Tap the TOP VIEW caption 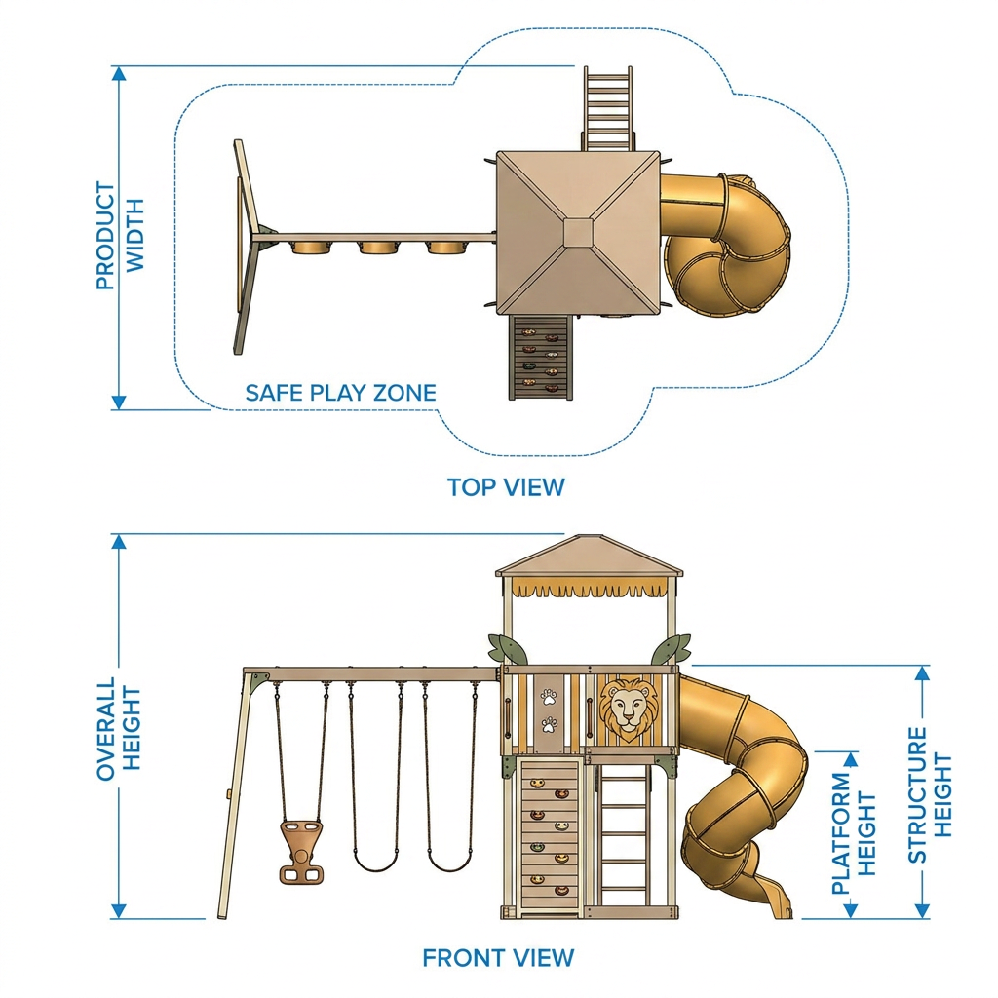pos(506,487)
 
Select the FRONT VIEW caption pos(498,958)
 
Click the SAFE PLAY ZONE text pos(341,393)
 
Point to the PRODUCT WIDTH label pos(120,236)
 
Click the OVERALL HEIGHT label pos(118,728)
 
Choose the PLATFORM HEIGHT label pos(854,833)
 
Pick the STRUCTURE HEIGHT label pos(929,795)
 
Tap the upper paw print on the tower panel pos(549,698)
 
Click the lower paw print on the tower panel pos(549,724)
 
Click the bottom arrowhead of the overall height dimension pos(119,911)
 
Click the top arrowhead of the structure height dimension pos(922,673)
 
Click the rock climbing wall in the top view pos(541,357)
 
